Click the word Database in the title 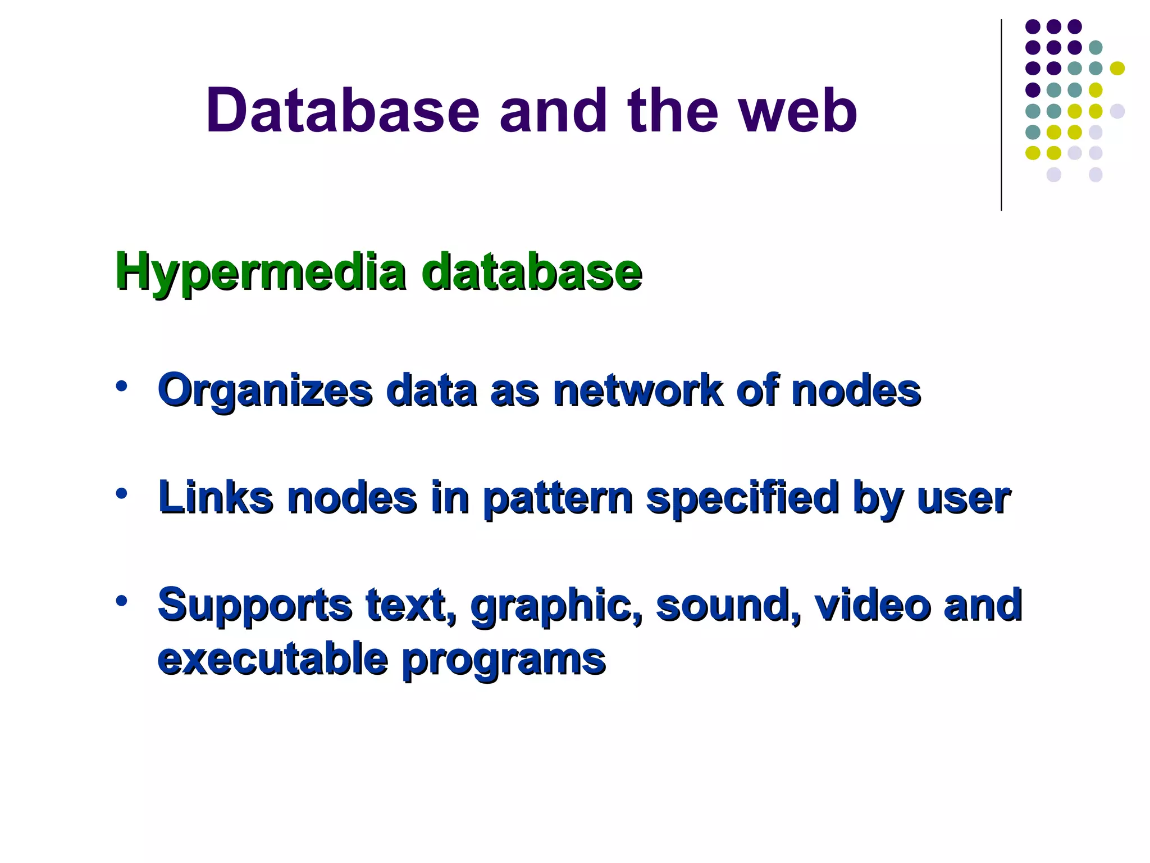tap(343, 111)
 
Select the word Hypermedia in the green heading tap(260, 272)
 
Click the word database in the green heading tap(531, 272)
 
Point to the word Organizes tap(265, 390)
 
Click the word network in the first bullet tap(638, 390)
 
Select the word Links tap(216, 498)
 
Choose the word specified tap(742, 498)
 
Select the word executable tap(273, 658)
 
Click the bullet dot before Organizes tap(121, 387)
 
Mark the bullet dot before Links tap(121, 494)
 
